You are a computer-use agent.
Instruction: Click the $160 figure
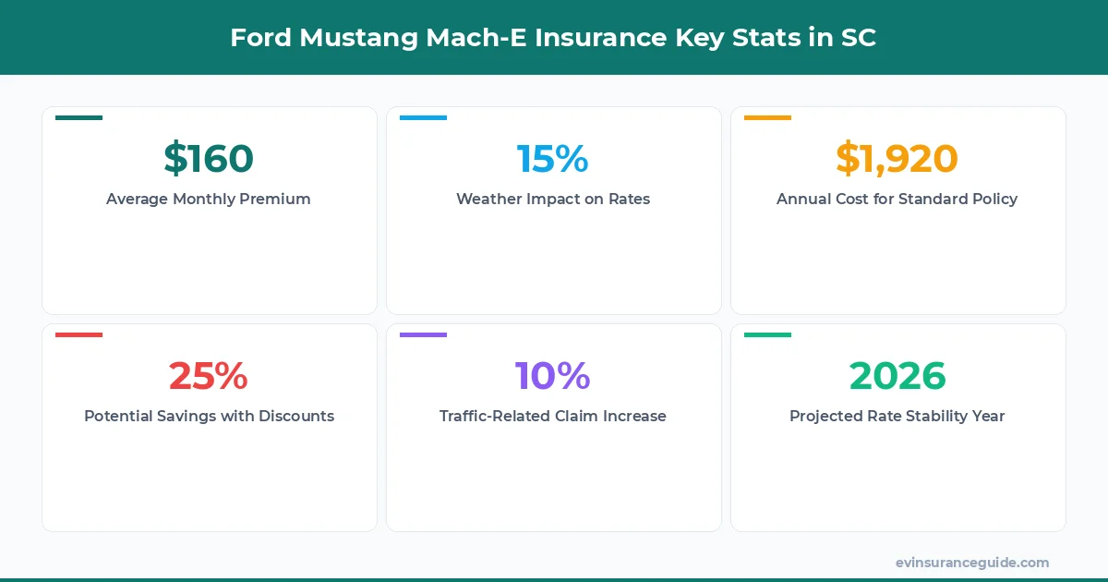click(x=209, y=159)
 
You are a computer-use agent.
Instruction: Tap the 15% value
click(x=553, y=159)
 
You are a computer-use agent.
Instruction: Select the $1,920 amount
click(x=897, y=159)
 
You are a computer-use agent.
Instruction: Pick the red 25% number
click(x=209, y=376)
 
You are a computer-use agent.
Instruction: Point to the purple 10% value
click(x=553, y=376)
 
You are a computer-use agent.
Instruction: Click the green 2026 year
click(x=897, y=376)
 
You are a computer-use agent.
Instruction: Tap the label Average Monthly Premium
click(x=209, y=199)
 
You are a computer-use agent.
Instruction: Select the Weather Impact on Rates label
click(x=553, y=199)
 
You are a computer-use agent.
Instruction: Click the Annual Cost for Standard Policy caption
click(x=897, y=199)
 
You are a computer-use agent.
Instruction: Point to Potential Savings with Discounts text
click(x=209, y=416)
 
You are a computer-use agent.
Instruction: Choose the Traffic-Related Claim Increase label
click(x=553, y=416)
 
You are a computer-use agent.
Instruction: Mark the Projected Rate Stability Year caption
click(x=897, y=416)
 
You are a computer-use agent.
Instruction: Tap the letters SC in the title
click(x=858, y=38)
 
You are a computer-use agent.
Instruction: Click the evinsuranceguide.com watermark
click(x=972, y=562)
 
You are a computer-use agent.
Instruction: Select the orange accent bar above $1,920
click(x=767, y=118)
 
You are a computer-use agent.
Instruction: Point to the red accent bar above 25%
click(x=78, y=335)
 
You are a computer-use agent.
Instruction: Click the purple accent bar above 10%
click(x=423, y=335)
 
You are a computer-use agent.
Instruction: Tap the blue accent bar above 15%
click(x=423, y=118)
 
